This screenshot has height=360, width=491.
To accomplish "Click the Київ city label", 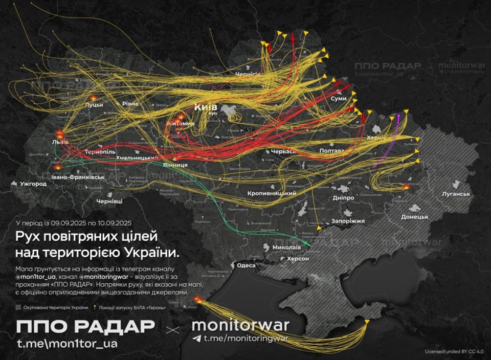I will (205, 107).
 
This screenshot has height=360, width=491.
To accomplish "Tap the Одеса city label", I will (245, 265).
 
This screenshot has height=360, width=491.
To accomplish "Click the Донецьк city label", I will (414, 217).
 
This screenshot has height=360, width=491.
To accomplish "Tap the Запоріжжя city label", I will (348, 221).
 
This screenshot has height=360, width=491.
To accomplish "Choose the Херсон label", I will (297, 259).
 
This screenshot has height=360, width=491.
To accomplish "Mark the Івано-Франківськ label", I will (78, 177).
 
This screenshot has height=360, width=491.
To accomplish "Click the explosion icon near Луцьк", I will (93, 97).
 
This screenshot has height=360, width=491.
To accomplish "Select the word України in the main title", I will (151, 252).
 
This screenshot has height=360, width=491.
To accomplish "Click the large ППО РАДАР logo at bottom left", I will (85, 326).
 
